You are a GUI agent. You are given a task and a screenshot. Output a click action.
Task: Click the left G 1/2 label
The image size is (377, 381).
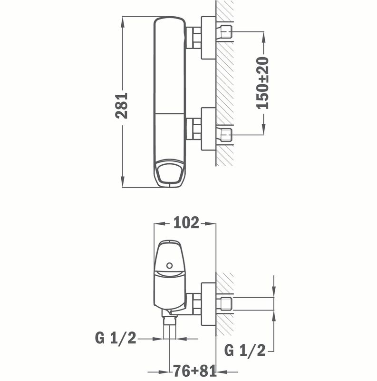(x=116, y=339)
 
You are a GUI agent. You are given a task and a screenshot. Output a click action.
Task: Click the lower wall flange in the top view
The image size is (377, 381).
(x=209, y=129)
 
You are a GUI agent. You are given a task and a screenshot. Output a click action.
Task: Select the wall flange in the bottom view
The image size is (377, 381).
(x=209, y=305)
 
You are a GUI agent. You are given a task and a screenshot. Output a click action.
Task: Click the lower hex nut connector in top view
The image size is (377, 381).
(x=193, y=129)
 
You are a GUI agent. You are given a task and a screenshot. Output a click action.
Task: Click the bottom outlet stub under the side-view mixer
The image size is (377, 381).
(x=170, y=329)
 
